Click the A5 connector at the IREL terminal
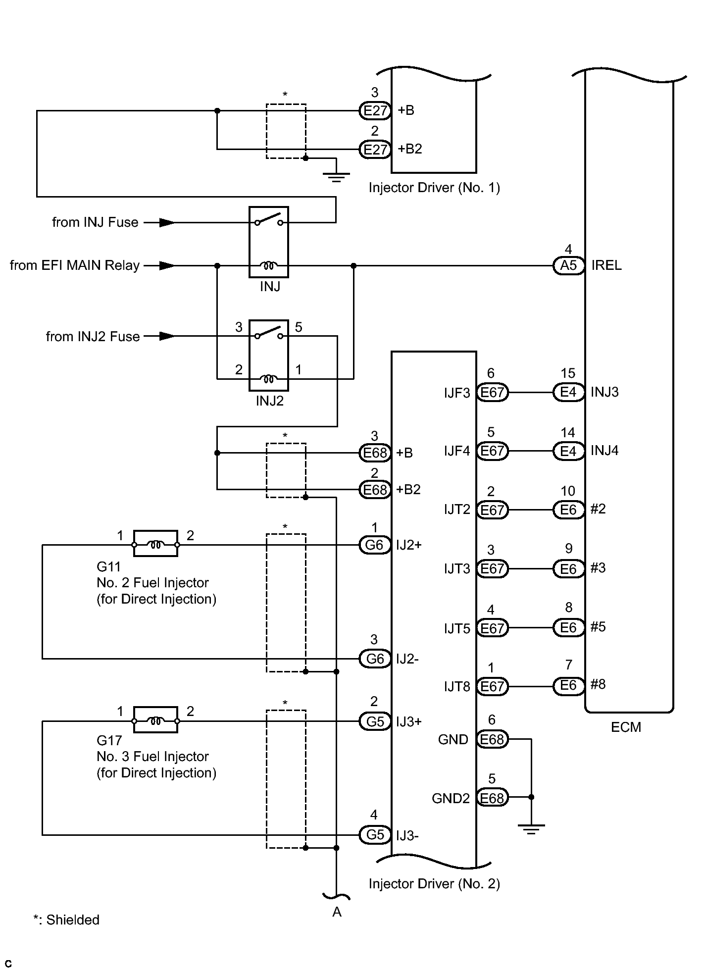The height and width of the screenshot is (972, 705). coord(569,266)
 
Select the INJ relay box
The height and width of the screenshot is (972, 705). coord(268,242)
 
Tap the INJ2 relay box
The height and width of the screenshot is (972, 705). coord(268,356)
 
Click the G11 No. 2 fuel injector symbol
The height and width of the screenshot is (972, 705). coord(155,544)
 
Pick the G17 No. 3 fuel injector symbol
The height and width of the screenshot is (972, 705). coord(155,720)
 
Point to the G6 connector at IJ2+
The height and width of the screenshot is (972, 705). coord(375,545)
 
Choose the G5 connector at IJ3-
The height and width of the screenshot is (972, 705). coord(375,835)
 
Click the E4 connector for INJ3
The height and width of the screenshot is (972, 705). coord(569,393)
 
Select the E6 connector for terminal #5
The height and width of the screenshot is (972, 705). coord(569,628)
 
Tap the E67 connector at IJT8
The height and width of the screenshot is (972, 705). coord(492,686)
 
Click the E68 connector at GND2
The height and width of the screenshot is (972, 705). coord(492,798)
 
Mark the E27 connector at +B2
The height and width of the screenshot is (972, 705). coord(375,149)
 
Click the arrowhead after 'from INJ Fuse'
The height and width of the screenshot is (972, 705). coord(167,223)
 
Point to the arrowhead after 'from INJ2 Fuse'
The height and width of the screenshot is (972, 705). coord(167,337)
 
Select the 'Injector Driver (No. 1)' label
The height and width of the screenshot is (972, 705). coord(434,188)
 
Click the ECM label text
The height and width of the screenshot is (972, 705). coord(626,727)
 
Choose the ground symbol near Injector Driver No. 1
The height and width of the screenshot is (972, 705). coord(336,177)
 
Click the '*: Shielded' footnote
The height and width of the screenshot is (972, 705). coord(66,920)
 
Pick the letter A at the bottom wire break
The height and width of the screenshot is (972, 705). coord(337,912)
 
